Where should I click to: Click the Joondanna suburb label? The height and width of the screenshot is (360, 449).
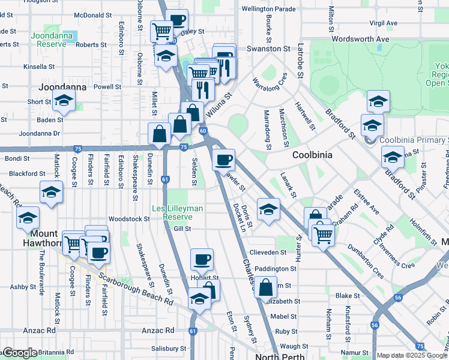[62, 87]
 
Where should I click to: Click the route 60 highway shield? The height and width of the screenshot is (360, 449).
[203, 130]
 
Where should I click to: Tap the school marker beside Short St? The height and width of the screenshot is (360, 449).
[63, 101]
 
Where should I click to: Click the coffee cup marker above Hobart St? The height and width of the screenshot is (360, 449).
[202, 259]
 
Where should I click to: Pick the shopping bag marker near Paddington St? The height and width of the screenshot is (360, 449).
[265, 287]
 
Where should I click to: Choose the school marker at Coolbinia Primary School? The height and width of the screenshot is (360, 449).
[372, 127]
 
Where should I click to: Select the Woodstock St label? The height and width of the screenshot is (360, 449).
[130, 219]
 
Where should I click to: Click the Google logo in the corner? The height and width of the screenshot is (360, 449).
[20, 353]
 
